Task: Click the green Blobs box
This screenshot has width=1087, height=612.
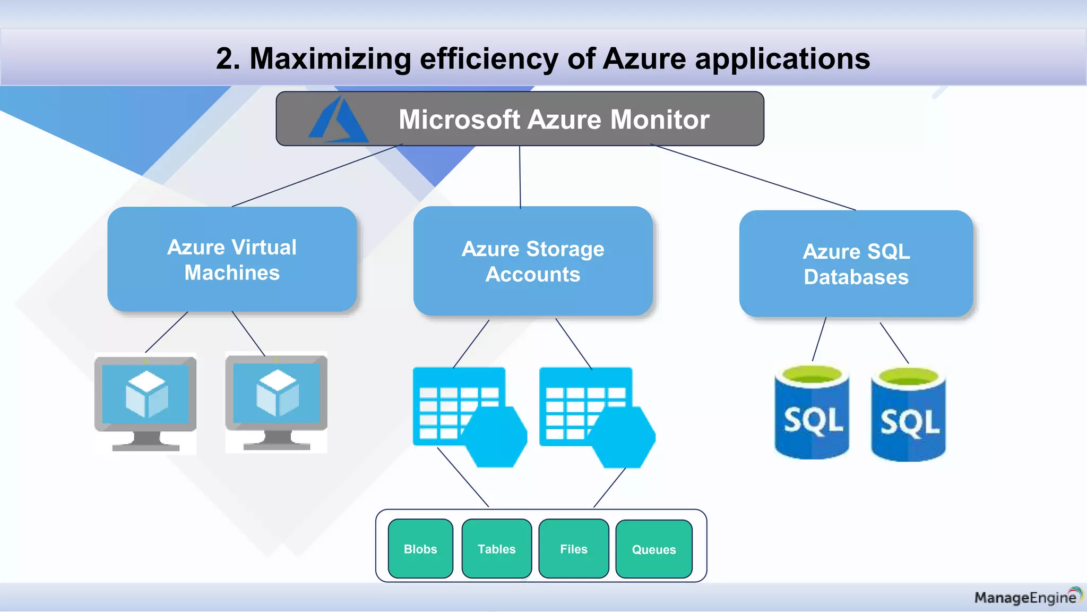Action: [x=420, y=549]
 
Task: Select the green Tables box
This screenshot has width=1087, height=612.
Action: [x=496, y=549]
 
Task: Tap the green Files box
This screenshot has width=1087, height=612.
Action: [x=573, y=549]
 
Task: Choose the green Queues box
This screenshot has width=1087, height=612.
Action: [x=653, y=549]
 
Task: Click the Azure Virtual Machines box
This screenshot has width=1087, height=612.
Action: [x=232, y=259]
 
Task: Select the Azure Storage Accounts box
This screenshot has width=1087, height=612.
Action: [x=533, y=261]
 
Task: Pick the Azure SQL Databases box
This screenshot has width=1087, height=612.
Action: [x=856, y=264]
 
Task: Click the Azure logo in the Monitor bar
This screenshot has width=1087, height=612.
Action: [x=339, y=120]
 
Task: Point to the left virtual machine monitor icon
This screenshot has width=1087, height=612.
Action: [x=145, y=403]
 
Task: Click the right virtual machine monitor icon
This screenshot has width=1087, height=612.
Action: [x=276, y=402]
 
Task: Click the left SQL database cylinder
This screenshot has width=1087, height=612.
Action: [x=812, y=412]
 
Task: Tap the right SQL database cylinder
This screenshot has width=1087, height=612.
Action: [x=908, y=414]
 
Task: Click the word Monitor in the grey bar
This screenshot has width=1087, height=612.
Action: [x=660, y=120]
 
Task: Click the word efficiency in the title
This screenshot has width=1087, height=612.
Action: [x=489, y=58]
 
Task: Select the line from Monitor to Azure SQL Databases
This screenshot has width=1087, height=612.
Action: [x=754, y=177]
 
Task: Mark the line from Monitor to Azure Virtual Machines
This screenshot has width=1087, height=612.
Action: [x=317, y=175]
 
